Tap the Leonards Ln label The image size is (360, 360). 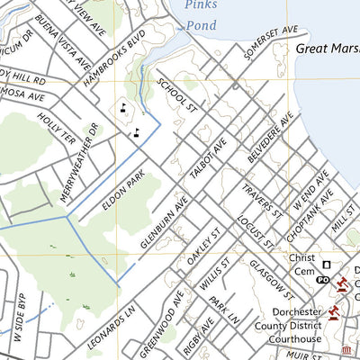(112, 328)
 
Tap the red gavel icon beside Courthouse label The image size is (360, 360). (333, 312)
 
